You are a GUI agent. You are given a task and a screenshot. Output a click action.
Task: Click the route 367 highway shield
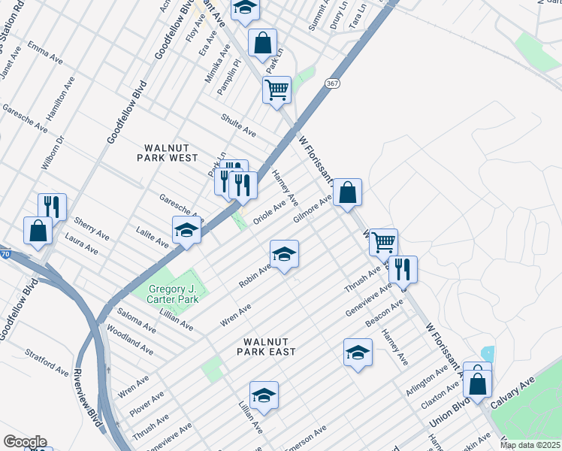tap(331, 83)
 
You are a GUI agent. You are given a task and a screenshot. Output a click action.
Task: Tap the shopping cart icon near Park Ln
tap(276, 90)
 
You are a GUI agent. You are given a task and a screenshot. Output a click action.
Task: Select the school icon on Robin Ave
tap(285, 256)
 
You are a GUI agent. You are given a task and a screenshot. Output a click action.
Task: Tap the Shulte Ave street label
tap(238, 125)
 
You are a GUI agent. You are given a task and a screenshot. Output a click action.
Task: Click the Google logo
tap(25, 442)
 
